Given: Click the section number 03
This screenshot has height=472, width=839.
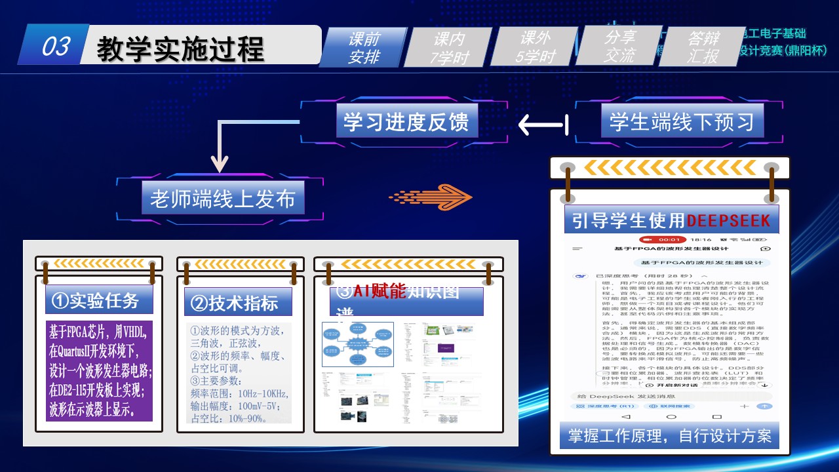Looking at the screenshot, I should [x=56, y=47].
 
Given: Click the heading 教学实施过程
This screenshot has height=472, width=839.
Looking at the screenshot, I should [x=180, y=49].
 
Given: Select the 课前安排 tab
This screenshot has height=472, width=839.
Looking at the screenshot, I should [x=364, y=48].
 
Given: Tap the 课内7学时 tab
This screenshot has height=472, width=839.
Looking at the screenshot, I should [x=450, y=48].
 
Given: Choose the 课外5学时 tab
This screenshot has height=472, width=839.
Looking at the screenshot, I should [x=536, y=47].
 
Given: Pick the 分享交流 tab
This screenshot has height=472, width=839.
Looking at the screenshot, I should [x=619, y=47].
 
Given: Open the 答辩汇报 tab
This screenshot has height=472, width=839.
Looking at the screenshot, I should [x=703, y=47].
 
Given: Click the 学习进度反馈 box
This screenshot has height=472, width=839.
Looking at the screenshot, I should [x=406, y=122].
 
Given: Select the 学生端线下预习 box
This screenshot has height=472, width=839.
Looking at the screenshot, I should [x=682, y=122].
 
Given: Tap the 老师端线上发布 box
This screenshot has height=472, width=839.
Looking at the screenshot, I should [x=223, y=198].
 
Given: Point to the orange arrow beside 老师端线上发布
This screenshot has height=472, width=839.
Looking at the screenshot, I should [x=430, y=196].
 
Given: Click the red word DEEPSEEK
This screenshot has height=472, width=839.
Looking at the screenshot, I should [x=728, y=220].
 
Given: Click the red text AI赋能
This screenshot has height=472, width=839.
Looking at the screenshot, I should [x=380, y=292].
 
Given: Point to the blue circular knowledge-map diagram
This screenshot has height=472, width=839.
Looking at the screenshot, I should [x=357, y=344].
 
